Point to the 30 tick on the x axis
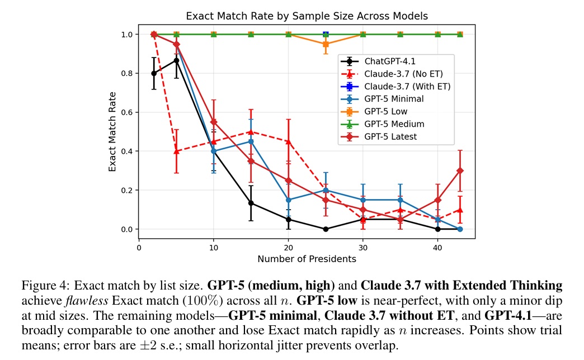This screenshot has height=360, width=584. pyautogui.click(x=362, y=246)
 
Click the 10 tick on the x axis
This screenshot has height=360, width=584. pyautogui.click(x=214, y=246)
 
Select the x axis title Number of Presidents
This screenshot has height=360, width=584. pyautogui.click(x=307, y=259)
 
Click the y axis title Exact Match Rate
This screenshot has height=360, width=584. pyautogui.click(x=112, y=132)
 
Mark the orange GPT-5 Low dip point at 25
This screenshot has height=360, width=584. pyautogui.click(x=326, y=44)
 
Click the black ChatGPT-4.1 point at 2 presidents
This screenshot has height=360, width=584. pyautogui.click(x=154, y=73)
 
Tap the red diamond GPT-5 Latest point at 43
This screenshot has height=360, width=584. pyautogui.click(x=460, y=170)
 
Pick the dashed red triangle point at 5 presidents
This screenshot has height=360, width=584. pyautogui.click(x=177, y=151)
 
